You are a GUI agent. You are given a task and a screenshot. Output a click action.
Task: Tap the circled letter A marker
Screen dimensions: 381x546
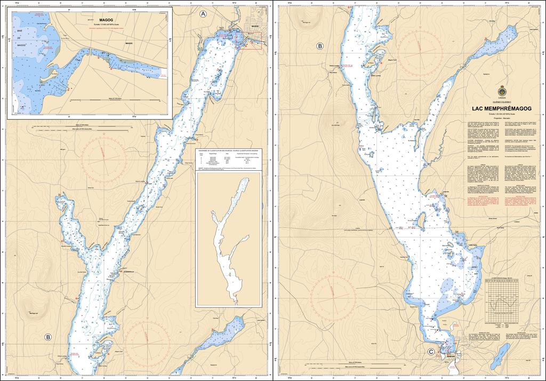point(203,14)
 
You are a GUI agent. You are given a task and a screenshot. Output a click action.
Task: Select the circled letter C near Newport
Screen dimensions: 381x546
point(431,351)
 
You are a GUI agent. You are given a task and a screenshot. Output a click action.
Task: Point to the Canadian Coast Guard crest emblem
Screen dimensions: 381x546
point(501,89)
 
